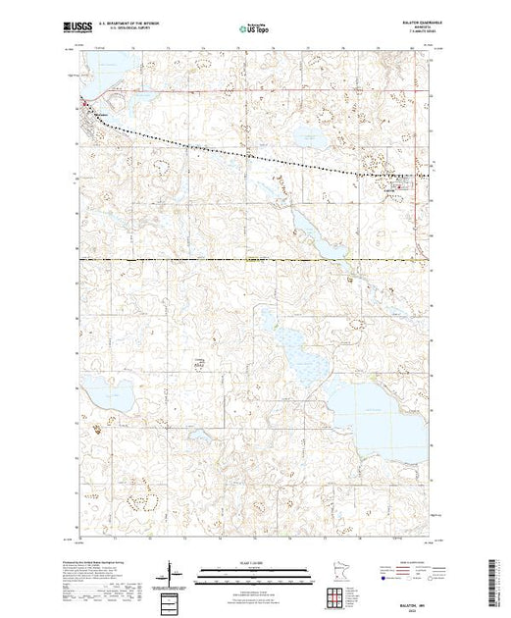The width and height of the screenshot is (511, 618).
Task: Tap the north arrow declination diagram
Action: coord(174,570)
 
